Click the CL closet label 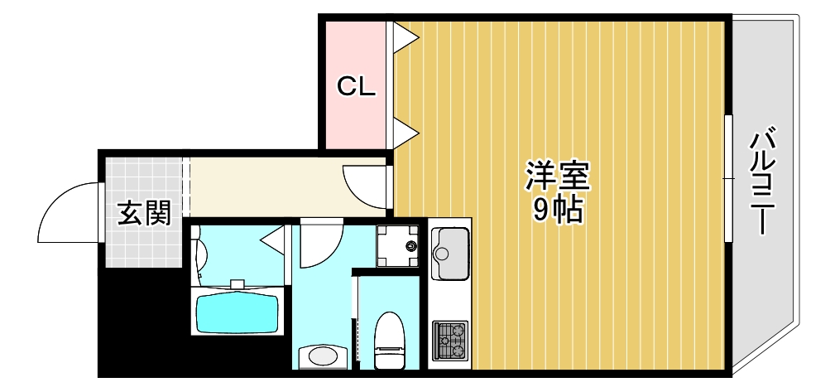356,86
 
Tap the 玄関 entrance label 144,213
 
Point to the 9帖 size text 558,212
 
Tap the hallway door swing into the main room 364,186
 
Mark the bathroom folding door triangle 273,242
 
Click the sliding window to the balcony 728,178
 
